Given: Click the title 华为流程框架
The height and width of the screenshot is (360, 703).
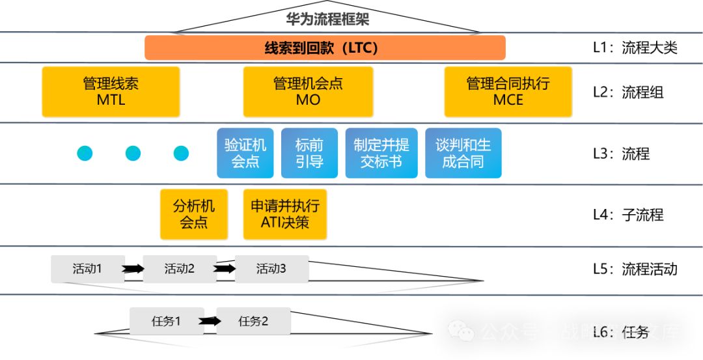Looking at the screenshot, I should [327, 19].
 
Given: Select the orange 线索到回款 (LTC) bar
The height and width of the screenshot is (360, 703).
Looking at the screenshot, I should [325, 48].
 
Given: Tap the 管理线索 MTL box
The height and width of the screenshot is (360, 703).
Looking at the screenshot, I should [111, 92].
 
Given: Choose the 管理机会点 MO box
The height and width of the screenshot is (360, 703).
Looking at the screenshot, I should [308, 92].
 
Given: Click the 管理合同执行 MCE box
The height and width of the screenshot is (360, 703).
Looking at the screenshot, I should [508, 92].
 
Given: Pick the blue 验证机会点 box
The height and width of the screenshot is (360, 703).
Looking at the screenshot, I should [245, 153].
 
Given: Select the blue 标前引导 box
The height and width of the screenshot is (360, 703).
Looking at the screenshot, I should [309, 153].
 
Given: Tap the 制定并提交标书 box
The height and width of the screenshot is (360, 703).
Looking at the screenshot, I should [381, 153].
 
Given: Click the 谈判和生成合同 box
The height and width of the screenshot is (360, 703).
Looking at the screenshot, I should [463, 153].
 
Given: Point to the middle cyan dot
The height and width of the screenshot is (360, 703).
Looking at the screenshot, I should [133, 153].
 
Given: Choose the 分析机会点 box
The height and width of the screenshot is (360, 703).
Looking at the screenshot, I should [193, 214].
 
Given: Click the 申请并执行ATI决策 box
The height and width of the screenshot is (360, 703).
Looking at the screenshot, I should [285, 214].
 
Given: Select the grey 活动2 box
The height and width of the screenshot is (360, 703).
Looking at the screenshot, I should [180, 268].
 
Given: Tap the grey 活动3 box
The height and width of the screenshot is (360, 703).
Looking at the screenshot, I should [271, 268].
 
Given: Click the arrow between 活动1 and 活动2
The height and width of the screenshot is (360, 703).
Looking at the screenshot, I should [133, 268].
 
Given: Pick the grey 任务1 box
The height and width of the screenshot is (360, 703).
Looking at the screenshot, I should [167, 321].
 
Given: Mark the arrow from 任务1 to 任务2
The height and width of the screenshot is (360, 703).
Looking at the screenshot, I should [210, 321].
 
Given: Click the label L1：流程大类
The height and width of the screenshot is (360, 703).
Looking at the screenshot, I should [635, 48].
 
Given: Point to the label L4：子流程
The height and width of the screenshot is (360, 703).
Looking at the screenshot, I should [627, 215].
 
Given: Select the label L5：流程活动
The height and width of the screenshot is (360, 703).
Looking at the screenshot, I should [635, 269].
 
